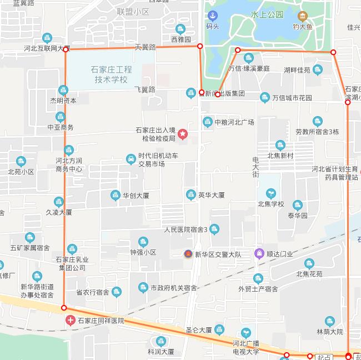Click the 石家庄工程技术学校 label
[111, 74]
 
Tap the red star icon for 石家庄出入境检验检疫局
[182, 134]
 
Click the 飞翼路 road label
[144, 89]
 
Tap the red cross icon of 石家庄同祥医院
[71, 321]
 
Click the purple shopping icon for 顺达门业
[259, 253]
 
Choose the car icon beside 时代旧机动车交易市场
[131, 159]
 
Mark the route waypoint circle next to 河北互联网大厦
[66, 49]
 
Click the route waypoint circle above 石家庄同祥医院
[64, 307]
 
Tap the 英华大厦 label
[211, 195]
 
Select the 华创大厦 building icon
[115, 195]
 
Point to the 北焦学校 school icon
[271, 192]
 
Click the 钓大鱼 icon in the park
[302, 16]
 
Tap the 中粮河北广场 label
[234, 122]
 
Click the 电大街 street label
[256, 166]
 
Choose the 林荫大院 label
[330, 332]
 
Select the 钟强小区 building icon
[143, 242]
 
